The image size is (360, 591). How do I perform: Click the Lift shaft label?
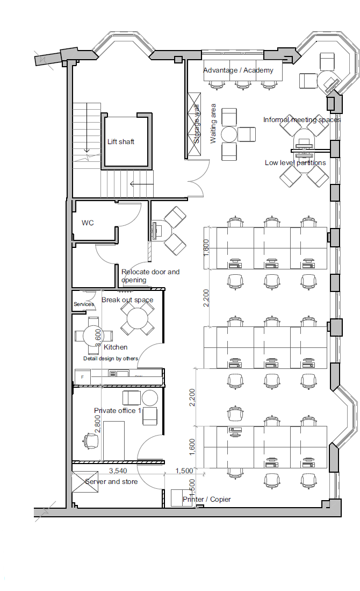pos(121,142)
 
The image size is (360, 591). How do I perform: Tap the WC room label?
pos(88,223)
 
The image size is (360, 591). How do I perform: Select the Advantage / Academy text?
pos(238,70)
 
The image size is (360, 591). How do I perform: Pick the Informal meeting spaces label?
pos(301,120)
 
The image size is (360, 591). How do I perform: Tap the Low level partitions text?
pos(295,163)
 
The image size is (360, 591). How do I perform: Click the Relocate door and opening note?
pos(150,276)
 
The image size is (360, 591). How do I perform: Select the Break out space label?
pos(127,300)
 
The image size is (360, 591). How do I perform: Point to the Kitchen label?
pos(116,347)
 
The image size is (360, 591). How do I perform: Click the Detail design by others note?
pos(111,359)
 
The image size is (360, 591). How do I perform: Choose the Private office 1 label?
pos(118,411)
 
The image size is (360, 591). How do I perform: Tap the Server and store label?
pos(111,482)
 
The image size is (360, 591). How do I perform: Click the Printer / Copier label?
pos(207,500)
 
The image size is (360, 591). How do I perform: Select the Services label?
pos(84,304)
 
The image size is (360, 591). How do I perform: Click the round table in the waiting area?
pos(229,134)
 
